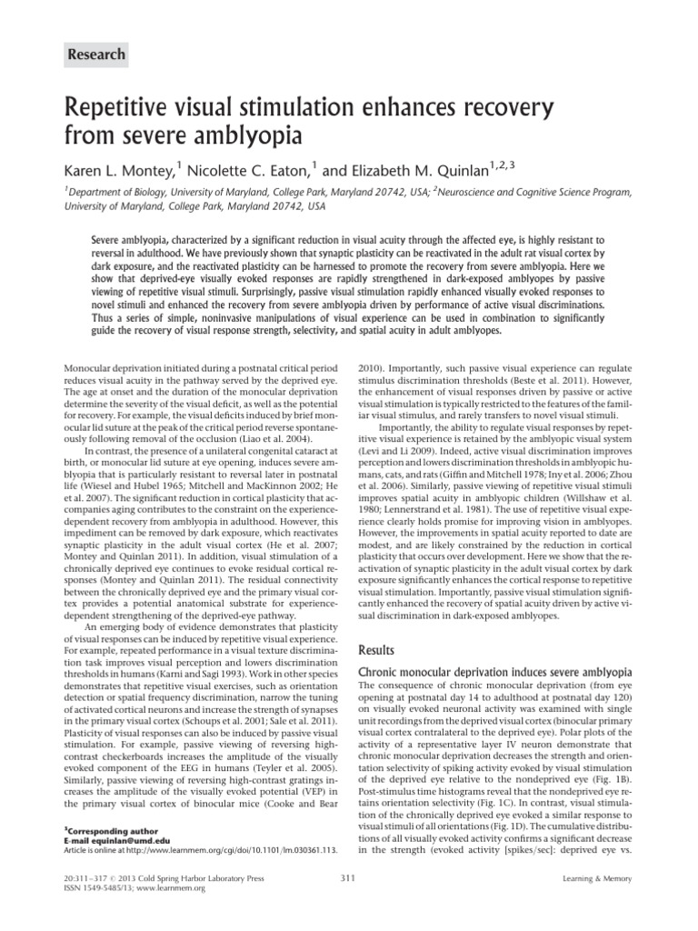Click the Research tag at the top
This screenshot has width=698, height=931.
pyautogui.click(x=95, y=55)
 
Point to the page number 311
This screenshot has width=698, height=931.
pyautogui.click(x=345, y=903)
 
